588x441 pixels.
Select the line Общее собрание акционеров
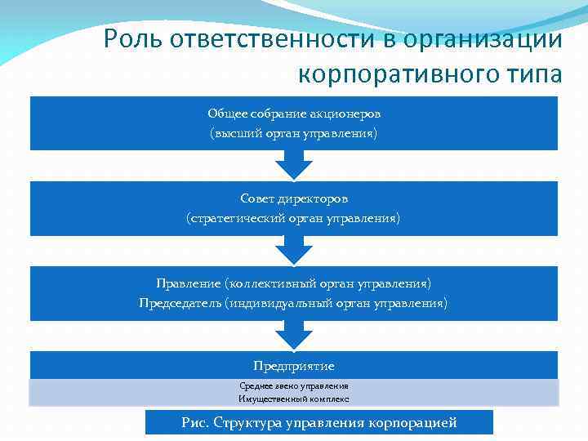click(x=294, y=114)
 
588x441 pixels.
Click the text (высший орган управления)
click(x=294, y=132)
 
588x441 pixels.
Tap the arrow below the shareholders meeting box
click(x=294, y=165)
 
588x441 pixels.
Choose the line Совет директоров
click(x=294, y=198)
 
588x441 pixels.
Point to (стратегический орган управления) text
click(x=294, y=218)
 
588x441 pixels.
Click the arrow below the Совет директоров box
click(x=294, y=251)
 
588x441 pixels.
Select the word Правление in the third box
click(x=188, y=283)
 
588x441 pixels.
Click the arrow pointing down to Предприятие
click(x=294, y=336)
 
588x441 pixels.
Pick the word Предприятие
click(x=294, y=366)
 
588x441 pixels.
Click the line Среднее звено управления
click(x=294, y=385)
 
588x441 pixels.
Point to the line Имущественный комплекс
click(x=294, y=399)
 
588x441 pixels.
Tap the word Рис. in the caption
click(x=194, y=422)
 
